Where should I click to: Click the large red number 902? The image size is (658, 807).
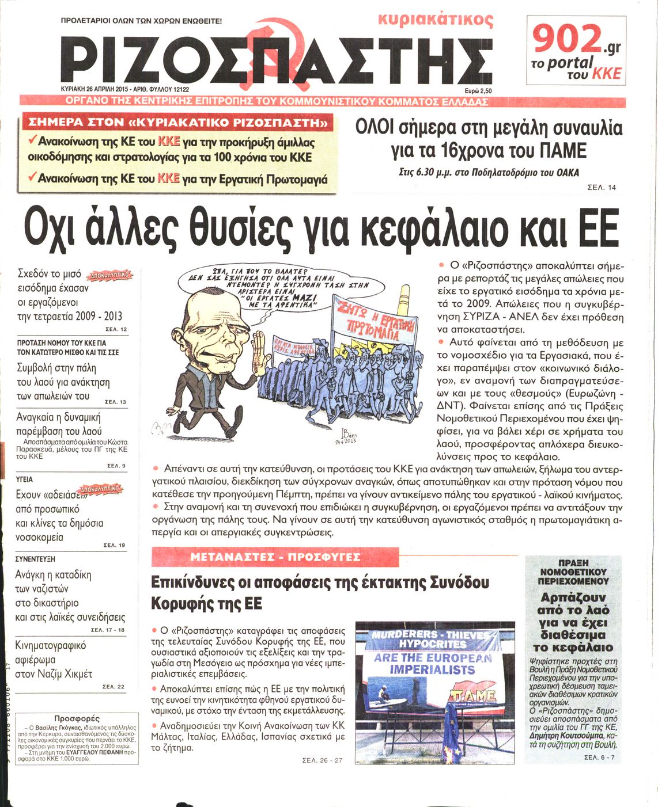566,40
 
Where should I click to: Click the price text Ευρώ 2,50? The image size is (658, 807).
478,90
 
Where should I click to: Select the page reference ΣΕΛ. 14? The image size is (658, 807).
601,187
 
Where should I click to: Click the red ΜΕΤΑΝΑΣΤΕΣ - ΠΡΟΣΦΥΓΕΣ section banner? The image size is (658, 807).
275,557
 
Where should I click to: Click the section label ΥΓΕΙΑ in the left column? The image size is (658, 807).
24,479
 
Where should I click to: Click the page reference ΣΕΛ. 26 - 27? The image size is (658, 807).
322,760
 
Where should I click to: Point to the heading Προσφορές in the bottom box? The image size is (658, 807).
77,718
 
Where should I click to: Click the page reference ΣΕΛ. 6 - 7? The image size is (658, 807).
599,757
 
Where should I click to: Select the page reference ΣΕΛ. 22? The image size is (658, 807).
113,687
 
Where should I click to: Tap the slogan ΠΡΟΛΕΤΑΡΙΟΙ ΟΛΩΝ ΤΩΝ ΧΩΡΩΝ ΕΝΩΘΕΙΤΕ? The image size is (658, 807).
141,21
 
